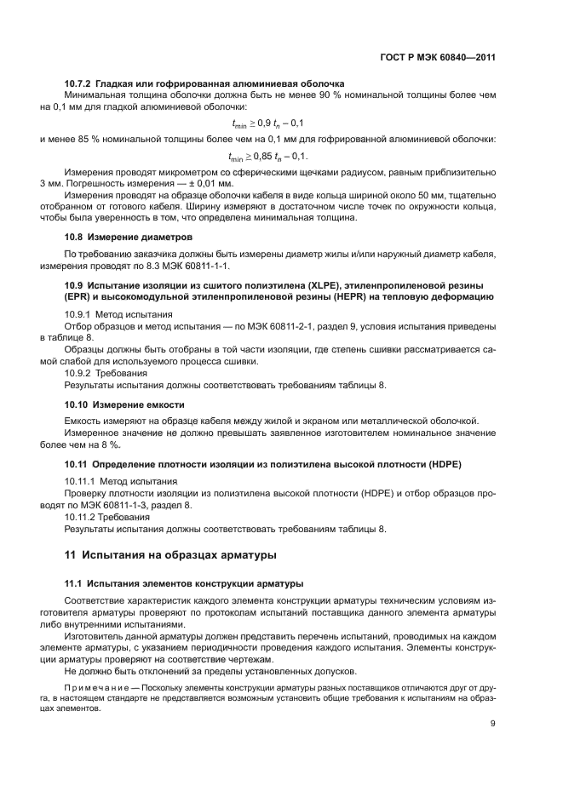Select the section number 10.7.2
(78, 83)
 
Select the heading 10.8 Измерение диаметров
(129, 236)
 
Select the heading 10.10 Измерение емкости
(124, 404)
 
